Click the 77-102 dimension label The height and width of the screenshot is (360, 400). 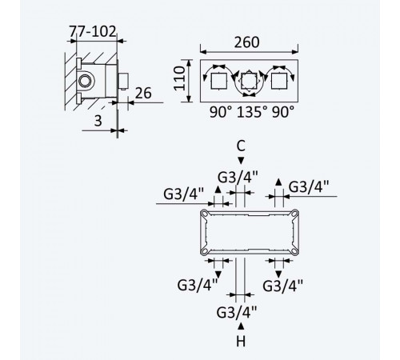coord(93,31)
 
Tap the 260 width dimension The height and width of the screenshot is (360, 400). coord(246,42)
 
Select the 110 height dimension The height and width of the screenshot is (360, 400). coord(179,78)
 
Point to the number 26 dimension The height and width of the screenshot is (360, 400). coord(143,93)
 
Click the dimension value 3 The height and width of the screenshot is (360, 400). coord(98,121)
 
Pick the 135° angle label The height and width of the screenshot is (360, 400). coord(252,112)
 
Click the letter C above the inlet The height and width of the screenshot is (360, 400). coord(241,146)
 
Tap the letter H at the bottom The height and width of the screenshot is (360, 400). coord(241,341)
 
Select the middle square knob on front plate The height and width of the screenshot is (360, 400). coord(249,81)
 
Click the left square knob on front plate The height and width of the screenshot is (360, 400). coord(219,81)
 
